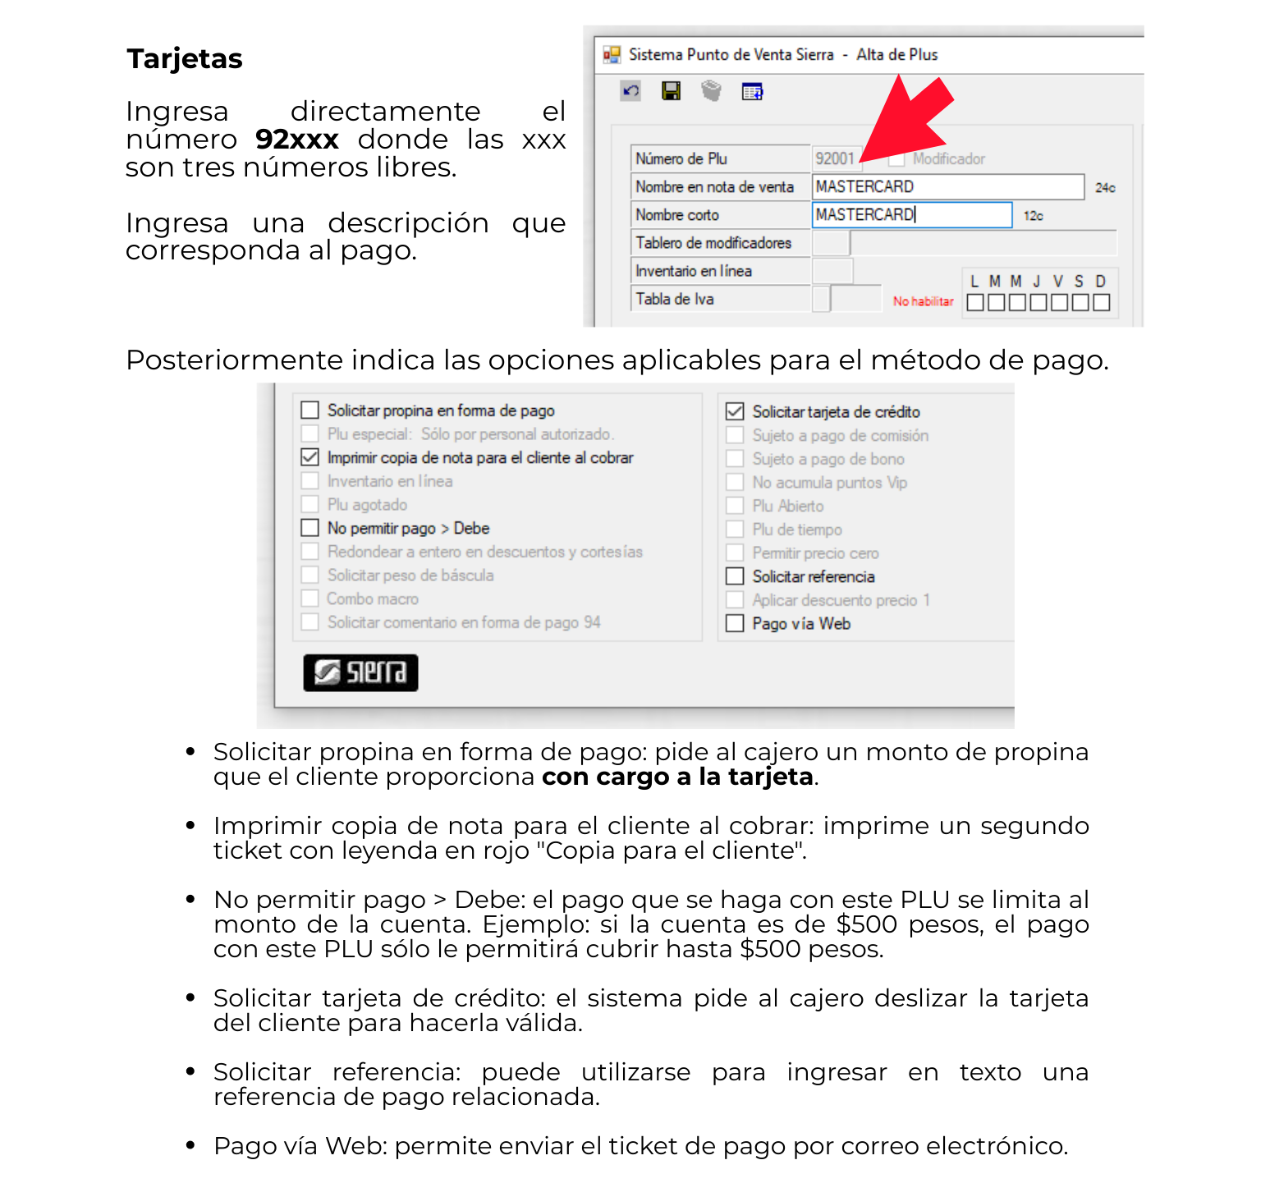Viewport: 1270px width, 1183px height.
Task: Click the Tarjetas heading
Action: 185,59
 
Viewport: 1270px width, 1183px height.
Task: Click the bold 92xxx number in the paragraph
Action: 296,140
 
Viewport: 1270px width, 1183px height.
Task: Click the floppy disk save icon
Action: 671,91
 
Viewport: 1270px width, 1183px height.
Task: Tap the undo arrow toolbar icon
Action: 630,91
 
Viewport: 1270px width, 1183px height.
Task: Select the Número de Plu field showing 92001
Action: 836,158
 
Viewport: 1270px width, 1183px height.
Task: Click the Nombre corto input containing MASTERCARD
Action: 911,215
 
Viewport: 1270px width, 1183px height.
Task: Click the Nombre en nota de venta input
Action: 947,187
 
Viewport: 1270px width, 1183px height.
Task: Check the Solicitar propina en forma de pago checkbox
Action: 309,410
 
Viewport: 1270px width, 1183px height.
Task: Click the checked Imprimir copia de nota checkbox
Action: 309,457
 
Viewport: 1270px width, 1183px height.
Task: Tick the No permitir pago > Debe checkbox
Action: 309,528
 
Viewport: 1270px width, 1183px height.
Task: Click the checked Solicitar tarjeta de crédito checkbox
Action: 735,411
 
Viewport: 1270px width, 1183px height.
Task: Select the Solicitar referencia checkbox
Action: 735,576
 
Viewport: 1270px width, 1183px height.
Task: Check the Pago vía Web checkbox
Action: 735,624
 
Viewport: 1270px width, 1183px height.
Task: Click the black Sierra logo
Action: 360,673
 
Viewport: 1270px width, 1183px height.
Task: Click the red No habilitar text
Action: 923,302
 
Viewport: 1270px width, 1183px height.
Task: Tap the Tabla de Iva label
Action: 675,300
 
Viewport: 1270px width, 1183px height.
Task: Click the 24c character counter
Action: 1105,188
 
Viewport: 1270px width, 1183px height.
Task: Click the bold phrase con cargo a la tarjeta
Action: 677,777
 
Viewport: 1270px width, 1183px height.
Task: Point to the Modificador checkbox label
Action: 948,159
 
